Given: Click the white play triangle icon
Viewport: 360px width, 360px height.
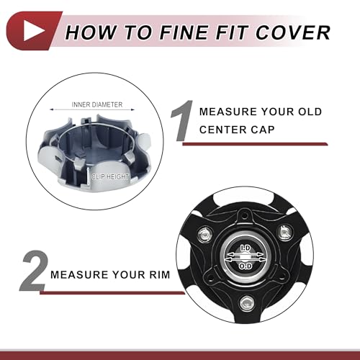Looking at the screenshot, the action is [x=33, y=31].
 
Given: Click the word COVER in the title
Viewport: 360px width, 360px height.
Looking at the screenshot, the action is [x=293, y=32].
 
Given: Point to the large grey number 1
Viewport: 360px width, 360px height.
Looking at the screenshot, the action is [x=182, y=121].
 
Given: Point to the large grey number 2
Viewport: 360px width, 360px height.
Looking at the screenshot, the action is [x=33, y=271].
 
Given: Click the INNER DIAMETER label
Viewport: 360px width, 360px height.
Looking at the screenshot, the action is [x=97, y=104].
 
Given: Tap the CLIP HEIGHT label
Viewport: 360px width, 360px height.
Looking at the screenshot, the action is [x=110, y=177].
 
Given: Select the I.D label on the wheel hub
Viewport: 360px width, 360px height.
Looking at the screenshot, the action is [x=246, y=248].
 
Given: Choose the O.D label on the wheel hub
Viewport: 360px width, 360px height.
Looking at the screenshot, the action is [x=246, y=266].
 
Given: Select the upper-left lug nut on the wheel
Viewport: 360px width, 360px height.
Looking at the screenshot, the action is [x=206, y=233].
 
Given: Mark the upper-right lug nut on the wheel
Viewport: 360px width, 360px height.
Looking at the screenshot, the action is [x=284, y=232].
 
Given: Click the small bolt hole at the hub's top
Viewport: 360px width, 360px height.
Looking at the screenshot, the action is [x=245, y=216].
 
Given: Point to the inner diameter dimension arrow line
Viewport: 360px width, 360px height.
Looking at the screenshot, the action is [x=92, y=109].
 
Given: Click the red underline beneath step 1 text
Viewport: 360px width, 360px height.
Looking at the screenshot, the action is [x=255, y=144].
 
